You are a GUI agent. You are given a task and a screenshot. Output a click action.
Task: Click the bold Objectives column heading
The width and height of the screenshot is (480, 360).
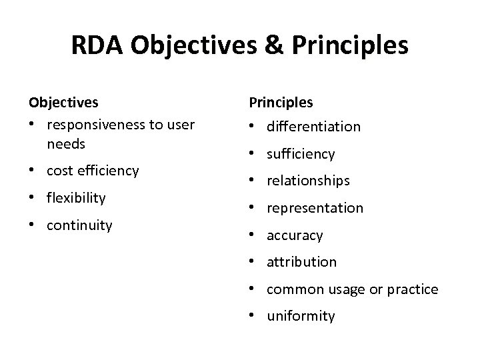point(63,103)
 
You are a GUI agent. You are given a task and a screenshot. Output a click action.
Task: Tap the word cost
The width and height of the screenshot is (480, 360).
point(60,171)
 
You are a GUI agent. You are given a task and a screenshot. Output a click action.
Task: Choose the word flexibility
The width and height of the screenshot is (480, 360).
point(76,198)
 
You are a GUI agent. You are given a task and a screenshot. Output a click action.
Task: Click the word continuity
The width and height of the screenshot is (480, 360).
point(79,225)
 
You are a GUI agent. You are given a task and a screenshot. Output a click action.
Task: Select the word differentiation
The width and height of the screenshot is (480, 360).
point(313,127)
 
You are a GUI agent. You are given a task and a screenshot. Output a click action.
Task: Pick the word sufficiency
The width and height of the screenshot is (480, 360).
point(301,154)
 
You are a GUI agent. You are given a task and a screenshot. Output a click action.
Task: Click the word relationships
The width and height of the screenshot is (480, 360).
point(307,181)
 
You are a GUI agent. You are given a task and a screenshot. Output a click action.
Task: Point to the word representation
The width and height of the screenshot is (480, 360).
point(315,208)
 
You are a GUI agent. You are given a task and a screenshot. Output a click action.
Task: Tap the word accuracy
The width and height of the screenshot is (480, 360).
point(295,235)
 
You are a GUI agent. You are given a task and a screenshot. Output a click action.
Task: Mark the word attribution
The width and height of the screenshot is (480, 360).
point(301,262)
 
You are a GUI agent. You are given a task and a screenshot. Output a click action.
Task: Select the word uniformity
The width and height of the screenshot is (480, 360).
point(301,316)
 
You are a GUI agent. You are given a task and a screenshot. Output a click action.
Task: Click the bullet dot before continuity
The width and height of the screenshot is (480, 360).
point(32,226)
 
